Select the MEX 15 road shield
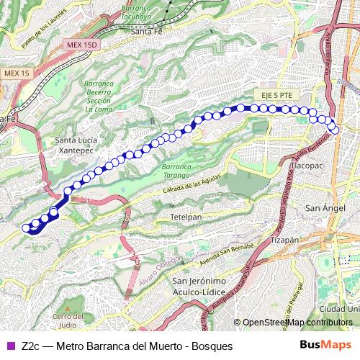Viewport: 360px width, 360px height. [x=16, y=73]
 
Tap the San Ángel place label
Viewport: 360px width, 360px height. [x=320, y=208]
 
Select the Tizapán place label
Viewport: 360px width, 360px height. [x=284, y=239]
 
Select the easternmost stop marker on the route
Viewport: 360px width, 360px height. [x=336, y=130]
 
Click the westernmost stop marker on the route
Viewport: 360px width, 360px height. [x=27, y=228]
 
